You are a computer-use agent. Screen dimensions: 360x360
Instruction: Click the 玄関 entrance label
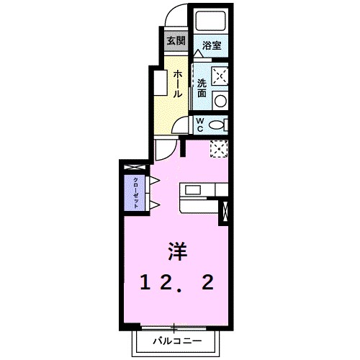175,40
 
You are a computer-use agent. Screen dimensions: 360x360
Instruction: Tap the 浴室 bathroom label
211,45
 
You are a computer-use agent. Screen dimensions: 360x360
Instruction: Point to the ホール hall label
177,84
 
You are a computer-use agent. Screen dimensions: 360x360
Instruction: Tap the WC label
201,125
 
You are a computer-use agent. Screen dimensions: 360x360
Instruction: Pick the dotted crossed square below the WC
219,148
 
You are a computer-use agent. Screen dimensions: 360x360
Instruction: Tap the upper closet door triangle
153,179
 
